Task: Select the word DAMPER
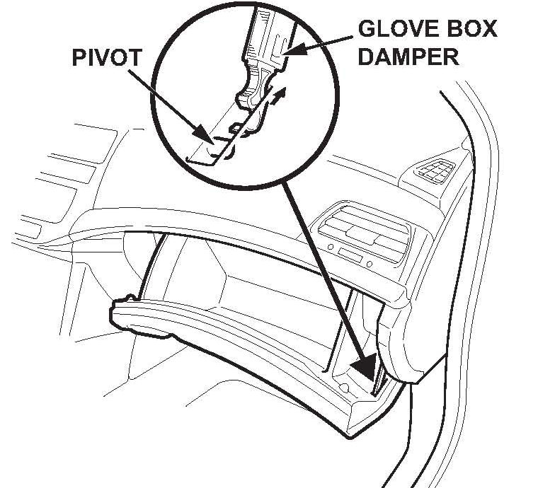pos(408,56)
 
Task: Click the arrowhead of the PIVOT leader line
pos(206,135)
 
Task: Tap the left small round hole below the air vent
pos(331,248)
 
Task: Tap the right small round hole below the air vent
pos(369,264)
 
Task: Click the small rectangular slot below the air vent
pos(349,253)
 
